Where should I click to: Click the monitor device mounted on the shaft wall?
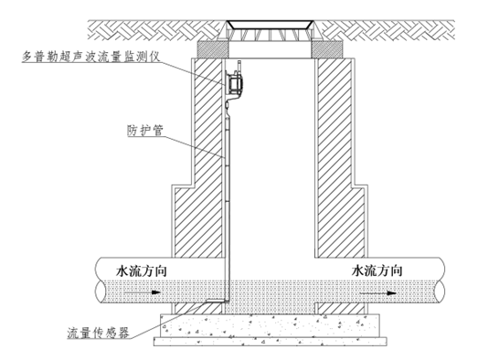236,83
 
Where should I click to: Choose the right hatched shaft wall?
337,164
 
